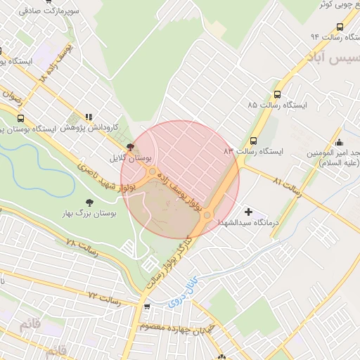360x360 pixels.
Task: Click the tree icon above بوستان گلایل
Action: pos(130,147)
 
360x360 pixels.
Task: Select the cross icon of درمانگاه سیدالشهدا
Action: pos(247,211)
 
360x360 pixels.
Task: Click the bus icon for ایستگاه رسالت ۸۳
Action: pos(253,141)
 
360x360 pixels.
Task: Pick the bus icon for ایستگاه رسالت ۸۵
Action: pos(276,94)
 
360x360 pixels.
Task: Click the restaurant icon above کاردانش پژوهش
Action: pos(89,117)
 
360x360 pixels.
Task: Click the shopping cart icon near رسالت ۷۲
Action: pos(146,307)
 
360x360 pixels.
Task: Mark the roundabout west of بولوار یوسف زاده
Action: pos(153,171)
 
